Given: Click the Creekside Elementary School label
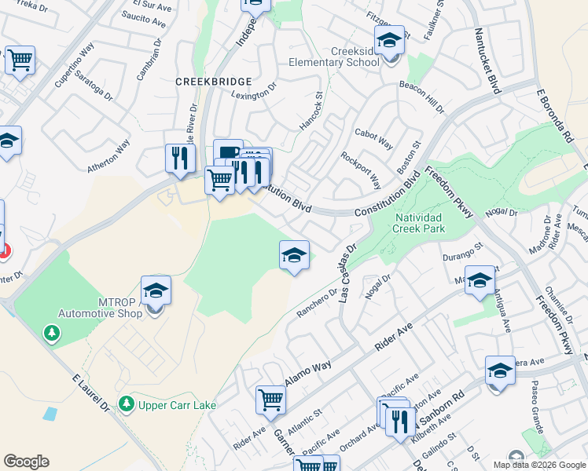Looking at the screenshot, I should (x=333, y=57).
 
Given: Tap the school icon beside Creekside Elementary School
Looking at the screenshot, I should (x=389, y=40).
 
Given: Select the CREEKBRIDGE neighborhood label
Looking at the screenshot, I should (x=214, y=81).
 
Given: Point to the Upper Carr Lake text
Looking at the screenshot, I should (x=171, y=405).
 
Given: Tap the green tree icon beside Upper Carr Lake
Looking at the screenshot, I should (x=126, y=404).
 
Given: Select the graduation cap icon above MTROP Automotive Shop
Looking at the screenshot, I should (x=156, y=290).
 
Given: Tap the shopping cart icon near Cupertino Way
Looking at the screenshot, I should (x=20, y=60).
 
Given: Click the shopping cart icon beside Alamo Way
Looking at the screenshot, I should (x=270, y=400).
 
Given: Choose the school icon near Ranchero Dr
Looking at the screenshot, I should (x=294, y=256).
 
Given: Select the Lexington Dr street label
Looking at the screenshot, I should (x=254, y=92).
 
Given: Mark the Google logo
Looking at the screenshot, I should (x=26, y=462).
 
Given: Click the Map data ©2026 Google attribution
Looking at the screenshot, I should (x=538, y=465).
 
